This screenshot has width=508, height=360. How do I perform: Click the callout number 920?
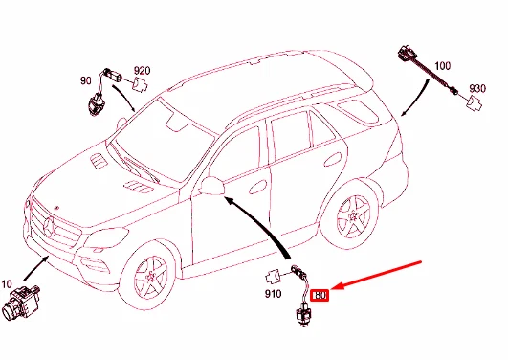click(x=143, y=71)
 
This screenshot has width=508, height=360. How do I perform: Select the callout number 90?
click(x=86, y=80)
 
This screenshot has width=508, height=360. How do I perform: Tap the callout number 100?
click(x=442, y=66)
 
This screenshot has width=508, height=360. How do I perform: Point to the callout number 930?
click(x=477, y=88)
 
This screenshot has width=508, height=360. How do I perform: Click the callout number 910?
click(x=273, y=294)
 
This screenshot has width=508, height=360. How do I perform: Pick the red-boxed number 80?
click(x=320, y=296)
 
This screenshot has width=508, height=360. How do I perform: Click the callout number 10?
click(x=7, y=284)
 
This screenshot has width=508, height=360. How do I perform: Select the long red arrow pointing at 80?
click(x=376, y=275)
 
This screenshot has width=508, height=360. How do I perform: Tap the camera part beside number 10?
click(x=20, y=302)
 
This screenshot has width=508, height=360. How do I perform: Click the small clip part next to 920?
click(x=141, y=84)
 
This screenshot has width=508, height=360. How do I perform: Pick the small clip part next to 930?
click(x=474, y=103)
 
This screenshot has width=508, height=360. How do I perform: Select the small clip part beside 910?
click(x=273, y=278)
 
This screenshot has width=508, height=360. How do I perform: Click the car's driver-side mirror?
click(x=212, y=186)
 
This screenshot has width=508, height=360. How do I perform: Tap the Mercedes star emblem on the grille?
click(x=49, y=227)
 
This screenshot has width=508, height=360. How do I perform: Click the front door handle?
click(x=258, y=187)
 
